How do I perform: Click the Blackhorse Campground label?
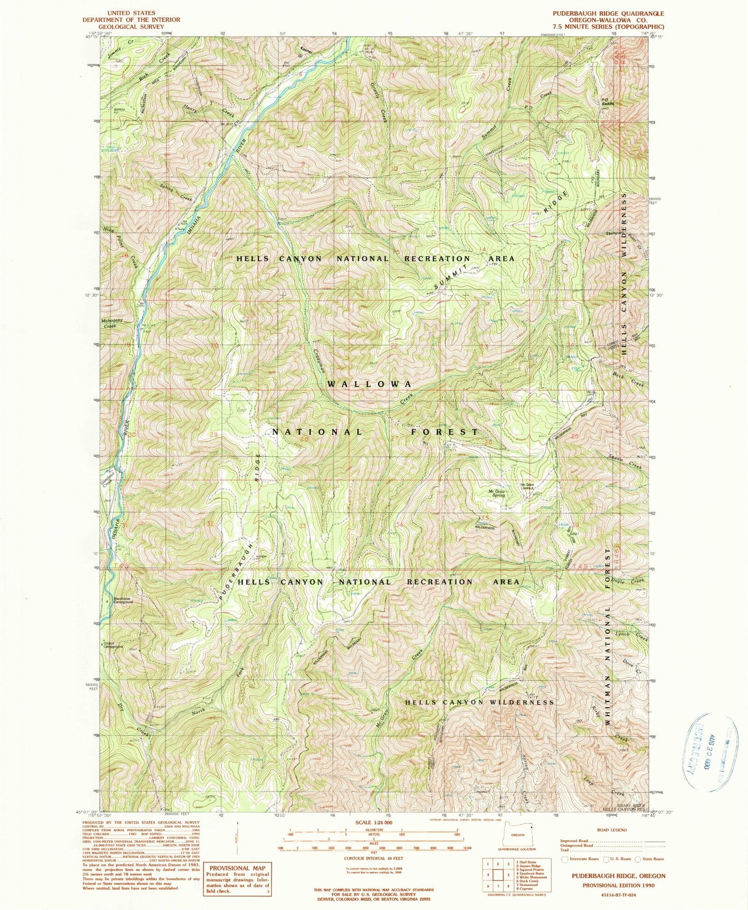click(124, 601)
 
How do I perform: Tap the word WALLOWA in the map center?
click(370, 384)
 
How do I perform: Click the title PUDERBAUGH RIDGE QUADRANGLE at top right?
click(615, 13)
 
